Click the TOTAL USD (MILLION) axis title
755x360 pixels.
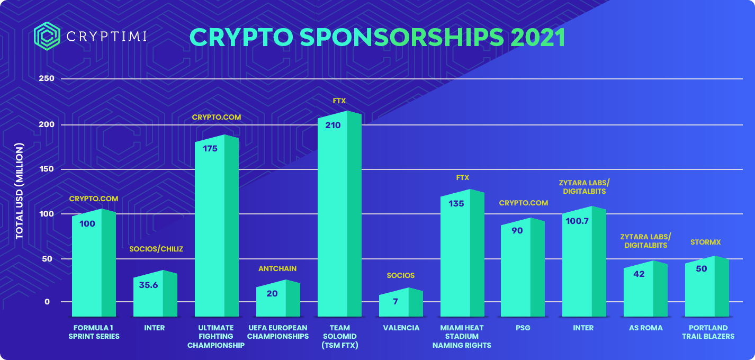[20, 190]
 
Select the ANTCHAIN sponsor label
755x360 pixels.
[277, 268]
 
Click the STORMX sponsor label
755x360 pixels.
[706, 242]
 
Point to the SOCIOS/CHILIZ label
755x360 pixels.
[156, 249]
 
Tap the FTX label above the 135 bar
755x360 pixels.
[463, 178]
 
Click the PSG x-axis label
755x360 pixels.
[523, 328]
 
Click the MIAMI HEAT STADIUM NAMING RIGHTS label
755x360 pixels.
[462, 336]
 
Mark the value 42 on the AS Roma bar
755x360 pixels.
[639, 274]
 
